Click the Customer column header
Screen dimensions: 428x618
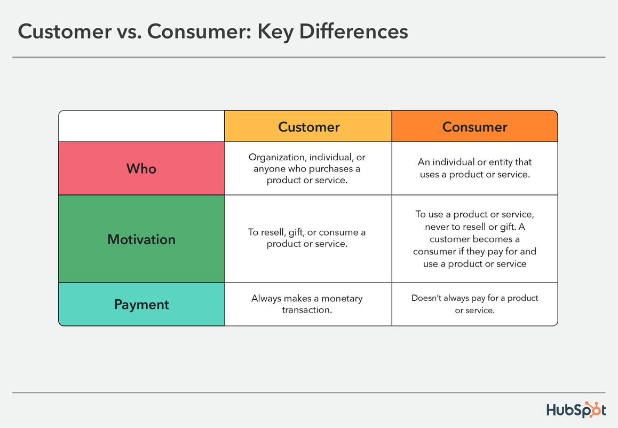click(x=308, y=127)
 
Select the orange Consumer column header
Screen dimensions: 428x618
click(x=474, y=127)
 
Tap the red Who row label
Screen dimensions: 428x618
click(x=141, y=169)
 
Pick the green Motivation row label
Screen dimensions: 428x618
click(x=141, y=239)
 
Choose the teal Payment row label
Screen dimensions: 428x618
click(x=141, y=305)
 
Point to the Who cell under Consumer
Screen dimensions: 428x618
click(x=474, y=168)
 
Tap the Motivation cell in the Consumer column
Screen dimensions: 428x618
click(x=474, y=239)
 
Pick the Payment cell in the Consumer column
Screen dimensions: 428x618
click(x=474, y=304)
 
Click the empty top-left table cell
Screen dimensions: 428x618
click(x=141, y=127)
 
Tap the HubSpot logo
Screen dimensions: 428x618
click(x=576, y=410)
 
